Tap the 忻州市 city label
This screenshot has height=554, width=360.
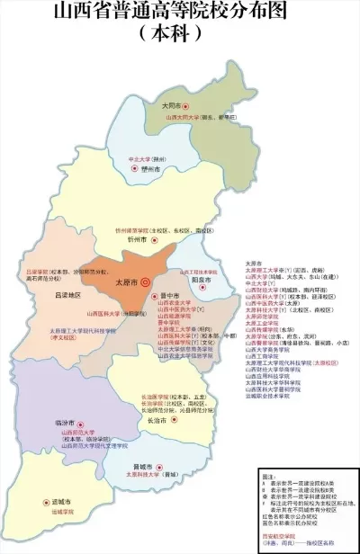(x=137, y=240)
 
